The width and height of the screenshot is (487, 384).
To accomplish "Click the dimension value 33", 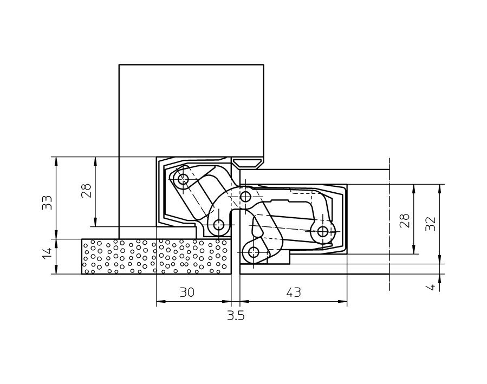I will (x=48, y=202).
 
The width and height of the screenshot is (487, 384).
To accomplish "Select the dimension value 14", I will (x=48, y=253).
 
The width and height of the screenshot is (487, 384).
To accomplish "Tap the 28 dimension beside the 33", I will (x=86, y=190).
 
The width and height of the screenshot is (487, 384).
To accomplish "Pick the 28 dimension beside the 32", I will (x=405, y=220).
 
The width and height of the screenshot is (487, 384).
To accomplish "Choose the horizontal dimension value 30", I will (x=187, y=292).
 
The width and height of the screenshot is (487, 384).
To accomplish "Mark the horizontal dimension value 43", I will (x=293, y=292).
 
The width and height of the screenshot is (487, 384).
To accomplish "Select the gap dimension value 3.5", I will (x=236, y=316).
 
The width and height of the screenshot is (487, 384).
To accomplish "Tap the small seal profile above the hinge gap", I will (x=248, y=162).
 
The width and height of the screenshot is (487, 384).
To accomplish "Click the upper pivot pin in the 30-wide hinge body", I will (x=183, y=179).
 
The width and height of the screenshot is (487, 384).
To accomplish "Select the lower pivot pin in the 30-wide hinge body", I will (x=219, y=224).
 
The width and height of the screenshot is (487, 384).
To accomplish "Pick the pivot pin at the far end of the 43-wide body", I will (x=323, y=232).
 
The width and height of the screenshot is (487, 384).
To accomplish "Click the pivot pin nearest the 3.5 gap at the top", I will (x=245, y=196).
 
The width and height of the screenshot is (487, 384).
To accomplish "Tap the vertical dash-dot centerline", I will (x=389, y=227).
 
